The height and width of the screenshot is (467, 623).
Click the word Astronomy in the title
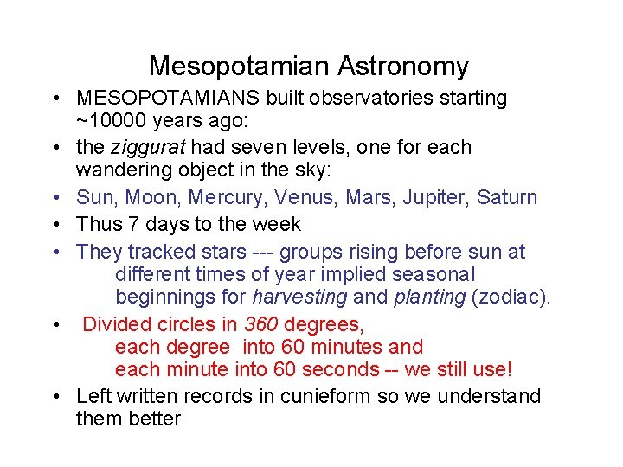click(x=403, y=67)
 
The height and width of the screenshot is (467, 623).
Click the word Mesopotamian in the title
click(x=240, y=67)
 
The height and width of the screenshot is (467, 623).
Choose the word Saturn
click(x=510, y=198)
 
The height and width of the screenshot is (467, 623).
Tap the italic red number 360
click(x=263, y=325)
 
